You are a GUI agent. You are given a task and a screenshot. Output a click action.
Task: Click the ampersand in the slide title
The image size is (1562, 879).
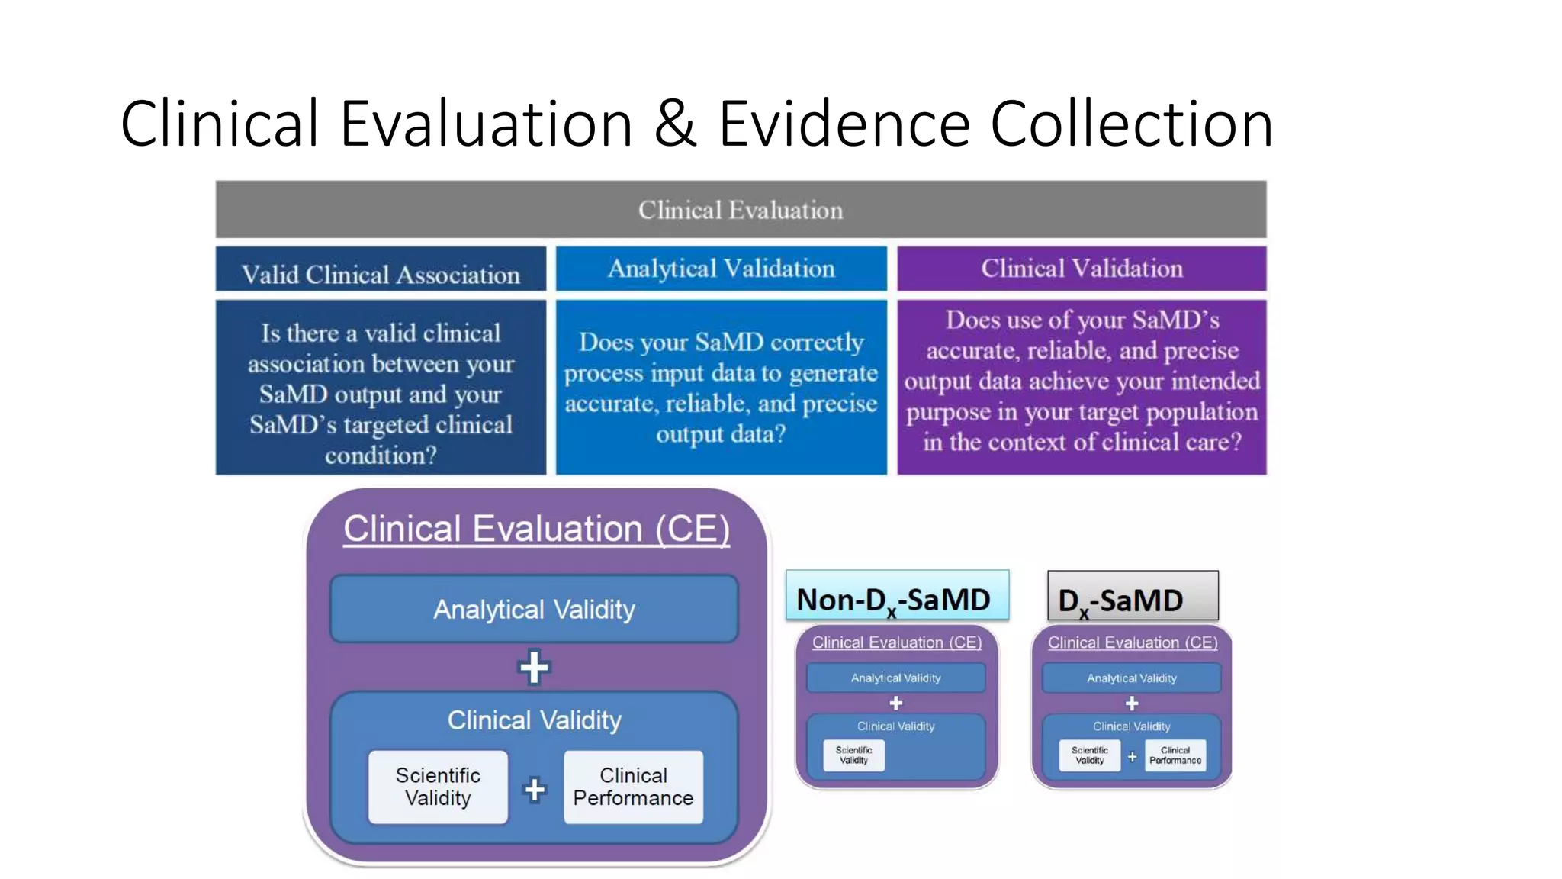(x=675, y=124)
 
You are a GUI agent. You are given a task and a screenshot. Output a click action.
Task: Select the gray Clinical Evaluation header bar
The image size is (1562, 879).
(x=741, y=210)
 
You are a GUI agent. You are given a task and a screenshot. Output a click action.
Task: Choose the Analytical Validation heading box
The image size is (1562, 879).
(x=721, y=269)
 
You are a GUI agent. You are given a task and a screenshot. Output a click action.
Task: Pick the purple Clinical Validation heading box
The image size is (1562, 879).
(x=1082, y=269)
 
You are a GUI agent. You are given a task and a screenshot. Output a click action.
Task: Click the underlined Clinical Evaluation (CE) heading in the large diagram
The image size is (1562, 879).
(x=536, y=529)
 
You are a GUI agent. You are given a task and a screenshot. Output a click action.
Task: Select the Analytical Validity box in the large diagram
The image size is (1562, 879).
(x=534, y=610)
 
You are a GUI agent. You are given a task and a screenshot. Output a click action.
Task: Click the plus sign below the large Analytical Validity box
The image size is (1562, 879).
(x=534, y=668)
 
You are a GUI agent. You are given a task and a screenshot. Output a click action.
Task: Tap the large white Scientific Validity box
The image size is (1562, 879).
(x=438, y=787)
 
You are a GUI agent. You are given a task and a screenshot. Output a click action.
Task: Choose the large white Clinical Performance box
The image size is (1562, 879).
(x=633, y=787)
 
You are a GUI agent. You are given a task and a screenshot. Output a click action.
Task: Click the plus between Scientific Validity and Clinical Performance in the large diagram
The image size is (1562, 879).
(x=535, y=790)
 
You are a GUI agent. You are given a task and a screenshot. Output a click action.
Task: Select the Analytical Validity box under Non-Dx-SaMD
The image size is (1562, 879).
(x=895, y=678)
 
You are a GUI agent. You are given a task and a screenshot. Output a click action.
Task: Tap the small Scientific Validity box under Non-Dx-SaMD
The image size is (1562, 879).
(x=853, y=755)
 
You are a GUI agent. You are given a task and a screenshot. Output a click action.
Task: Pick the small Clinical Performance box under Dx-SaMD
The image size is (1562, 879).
(x=1175, y=755)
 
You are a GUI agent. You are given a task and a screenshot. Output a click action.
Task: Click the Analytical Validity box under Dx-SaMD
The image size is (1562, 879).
(x=1131, y=678)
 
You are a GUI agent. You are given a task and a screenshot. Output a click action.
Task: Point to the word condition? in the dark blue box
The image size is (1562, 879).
(x=381, y=456)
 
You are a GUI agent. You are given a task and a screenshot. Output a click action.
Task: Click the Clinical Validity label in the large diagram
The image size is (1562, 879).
(x=534, y=720)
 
